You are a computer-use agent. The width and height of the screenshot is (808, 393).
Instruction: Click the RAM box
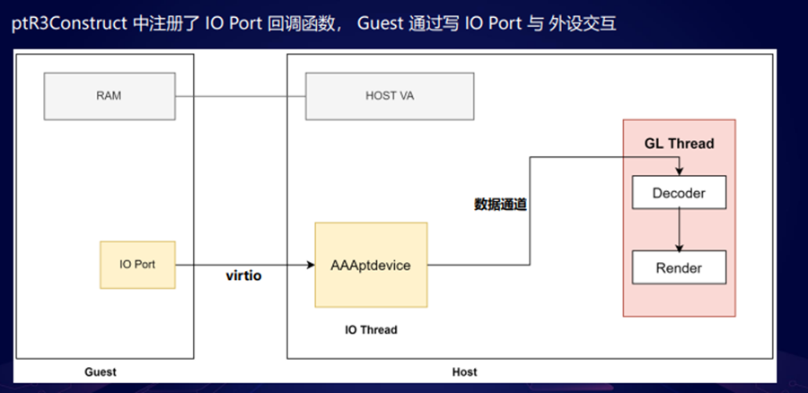[x=109, y=96]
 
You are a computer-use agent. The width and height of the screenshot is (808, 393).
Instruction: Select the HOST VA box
[x=390, y=96]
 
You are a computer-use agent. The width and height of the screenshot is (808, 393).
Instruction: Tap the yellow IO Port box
[x=138, y=265]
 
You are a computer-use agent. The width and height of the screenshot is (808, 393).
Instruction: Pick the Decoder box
[x=679, y=193]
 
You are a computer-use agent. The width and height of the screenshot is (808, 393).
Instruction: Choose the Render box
[x=679, y=267]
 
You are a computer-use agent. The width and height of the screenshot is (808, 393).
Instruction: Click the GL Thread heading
[x=679, y=144]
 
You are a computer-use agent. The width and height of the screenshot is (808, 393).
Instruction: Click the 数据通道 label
[x=500, y=205]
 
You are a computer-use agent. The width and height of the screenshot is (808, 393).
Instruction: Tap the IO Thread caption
[x=371, y=330]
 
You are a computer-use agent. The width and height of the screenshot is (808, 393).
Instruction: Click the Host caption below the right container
[x=464, y=371]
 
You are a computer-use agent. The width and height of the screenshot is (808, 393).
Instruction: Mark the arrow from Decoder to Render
[x=680, y=229]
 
